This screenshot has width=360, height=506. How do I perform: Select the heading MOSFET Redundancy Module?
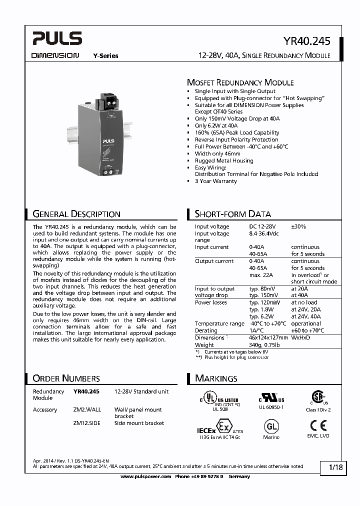coord(240,82)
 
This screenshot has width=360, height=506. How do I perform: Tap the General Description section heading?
coord(76,214)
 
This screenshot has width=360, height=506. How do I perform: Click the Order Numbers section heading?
coord(66,378)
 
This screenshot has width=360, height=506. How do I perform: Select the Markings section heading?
coord(216,378)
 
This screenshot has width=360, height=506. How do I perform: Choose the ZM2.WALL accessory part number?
coord(87,409)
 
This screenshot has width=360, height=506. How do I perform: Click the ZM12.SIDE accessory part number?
coord(87,423)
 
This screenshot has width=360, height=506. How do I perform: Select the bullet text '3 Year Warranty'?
coord(215,181)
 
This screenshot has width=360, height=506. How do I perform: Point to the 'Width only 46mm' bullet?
coord(217,153)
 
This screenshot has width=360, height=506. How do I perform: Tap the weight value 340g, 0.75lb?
coord(263,344)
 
